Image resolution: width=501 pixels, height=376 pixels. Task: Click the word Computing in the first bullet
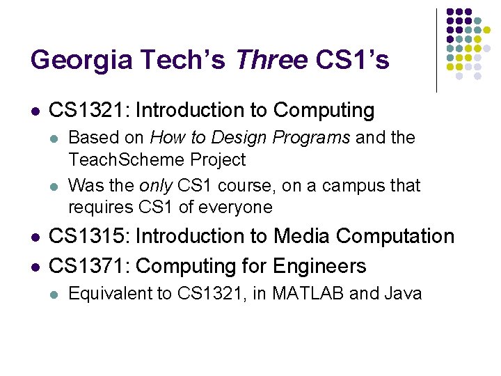point(324,110)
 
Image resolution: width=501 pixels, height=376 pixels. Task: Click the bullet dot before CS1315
point(35,237)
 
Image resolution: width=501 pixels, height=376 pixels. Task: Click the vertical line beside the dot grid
point(436,50)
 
